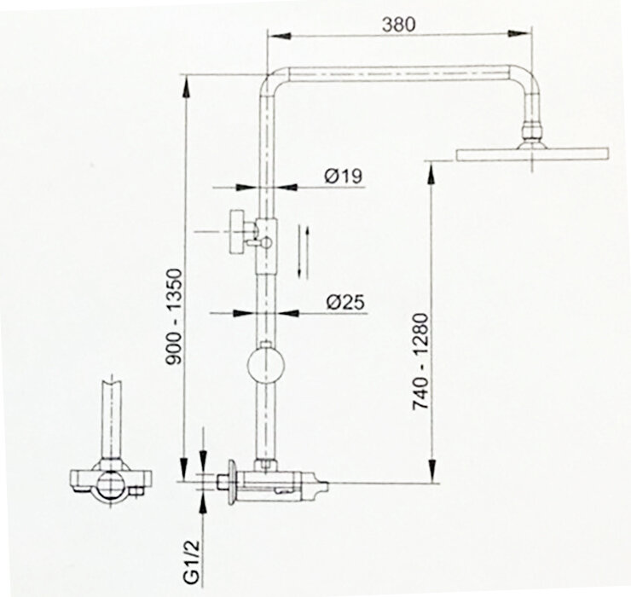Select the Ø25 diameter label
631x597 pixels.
(344, 301)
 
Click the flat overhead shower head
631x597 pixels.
(532, 154)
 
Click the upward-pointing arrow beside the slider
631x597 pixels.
(299, 240)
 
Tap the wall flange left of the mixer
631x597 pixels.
(231, 482)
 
